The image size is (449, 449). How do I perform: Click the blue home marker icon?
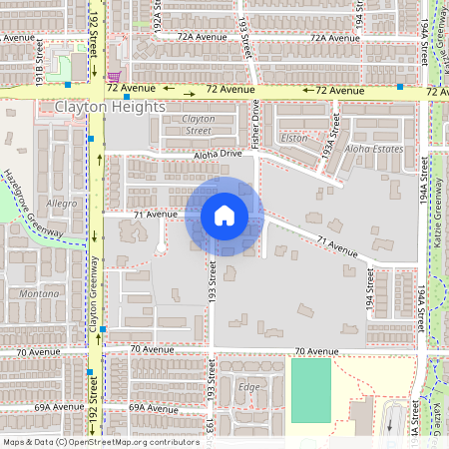tap(224, 215)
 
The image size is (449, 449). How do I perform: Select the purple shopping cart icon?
tap(116, 75)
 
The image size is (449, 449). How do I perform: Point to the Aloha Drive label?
tap(218, 154)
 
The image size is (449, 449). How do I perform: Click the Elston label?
tap(295, 139)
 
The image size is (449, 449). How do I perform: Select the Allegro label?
tap(61, 203)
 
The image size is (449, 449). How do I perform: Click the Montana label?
tap(40, 294)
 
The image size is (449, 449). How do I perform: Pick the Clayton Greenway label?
tap(94, 293)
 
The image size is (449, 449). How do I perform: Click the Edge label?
tap(249, 386)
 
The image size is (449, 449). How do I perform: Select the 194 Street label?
tap(368, 296)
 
